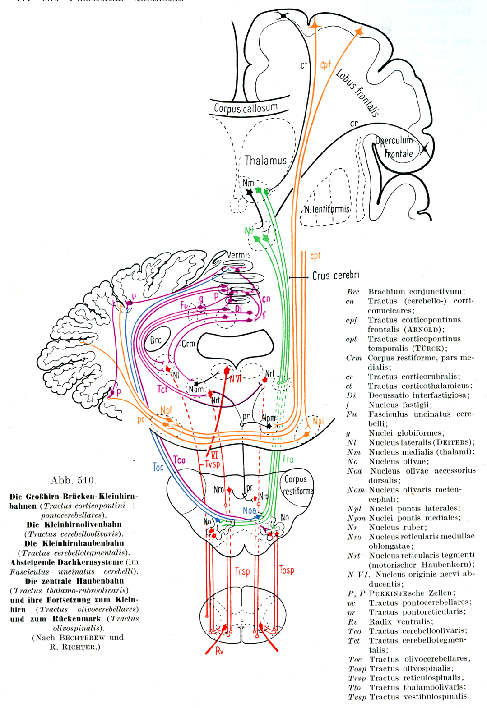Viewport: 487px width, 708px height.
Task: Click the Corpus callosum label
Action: coord(246,108)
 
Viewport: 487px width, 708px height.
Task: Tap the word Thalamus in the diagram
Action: coord(265,160)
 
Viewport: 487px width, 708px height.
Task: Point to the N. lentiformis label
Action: coord(327,209)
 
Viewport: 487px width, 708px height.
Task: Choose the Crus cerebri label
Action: coord(335,276)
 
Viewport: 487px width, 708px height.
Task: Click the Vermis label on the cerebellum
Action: coord(238,255)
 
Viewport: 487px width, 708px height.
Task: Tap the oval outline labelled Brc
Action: coord(157,340)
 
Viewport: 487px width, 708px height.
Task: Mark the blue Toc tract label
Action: coord(158,467)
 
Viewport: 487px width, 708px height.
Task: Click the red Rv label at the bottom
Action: coord(219,651)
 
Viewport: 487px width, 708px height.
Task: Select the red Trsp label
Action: coord(242,571)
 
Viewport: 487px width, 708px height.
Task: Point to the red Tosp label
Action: coord(287,570)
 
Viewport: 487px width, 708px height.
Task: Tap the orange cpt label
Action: coord(315,256)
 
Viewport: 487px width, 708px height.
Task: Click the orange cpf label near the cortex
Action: coord(325,65)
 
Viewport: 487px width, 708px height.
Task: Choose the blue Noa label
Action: coord(249,510)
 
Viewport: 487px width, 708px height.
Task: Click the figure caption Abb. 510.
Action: coord(74,480)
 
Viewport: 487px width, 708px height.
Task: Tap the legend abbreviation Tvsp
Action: coord(357,697)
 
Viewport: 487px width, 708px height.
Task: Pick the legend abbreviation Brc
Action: coord(353,292)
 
